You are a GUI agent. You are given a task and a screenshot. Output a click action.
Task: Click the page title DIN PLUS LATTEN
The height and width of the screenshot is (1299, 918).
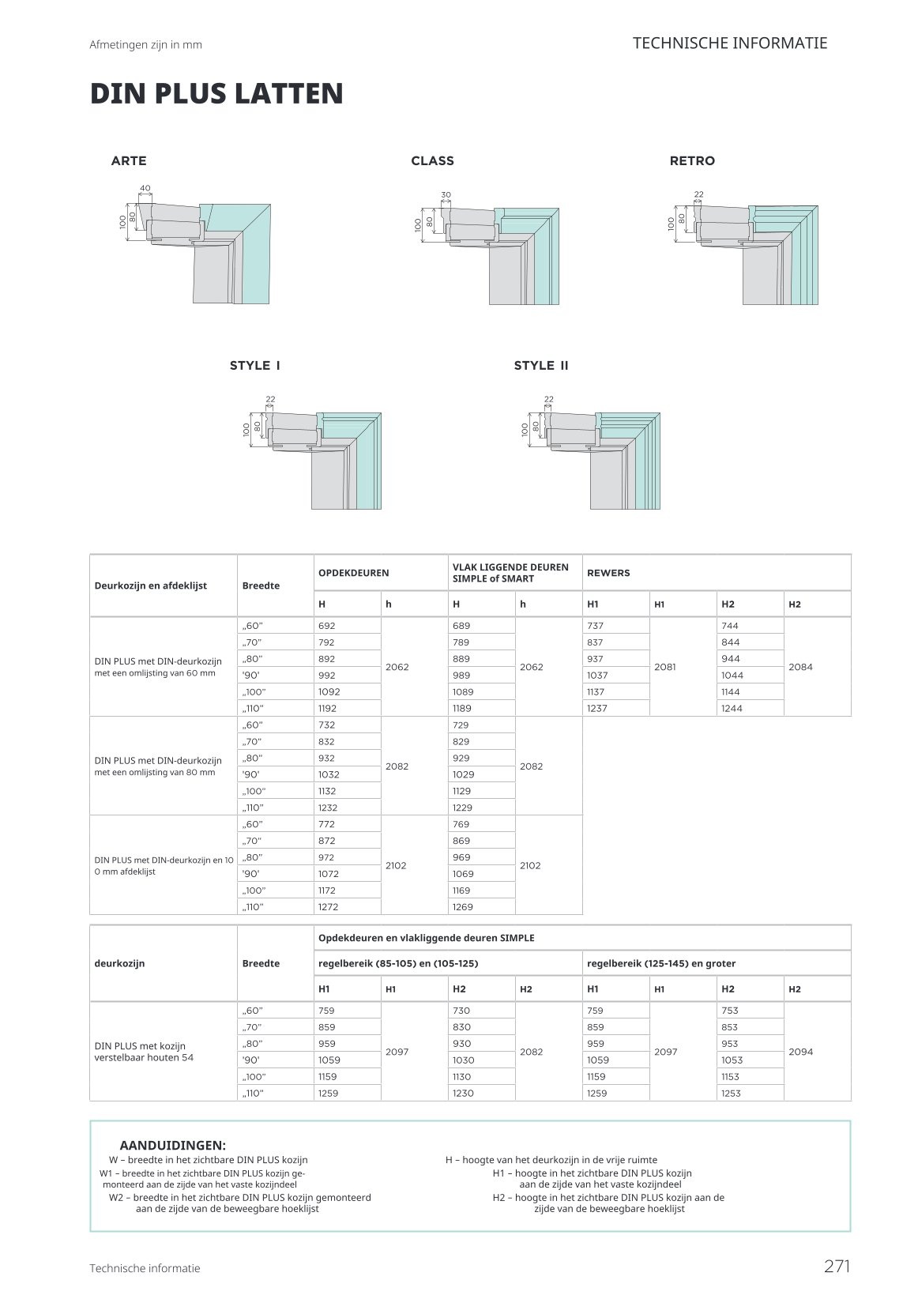pyautogui.click(x=216, y=93)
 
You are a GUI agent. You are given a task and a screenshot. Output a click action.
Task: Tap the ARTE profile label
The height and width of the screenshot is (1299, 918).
pyautogui.click(x=129, y=160)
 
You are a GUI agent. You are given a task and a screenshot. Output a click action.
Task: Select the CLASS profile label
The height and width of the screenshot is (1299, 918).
pyautogui.click(x=433, y=160)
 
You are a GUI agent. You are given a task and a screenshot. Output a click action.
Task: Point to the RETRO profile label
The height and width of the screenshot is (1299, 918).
pyautogui.click(x=692, y=160)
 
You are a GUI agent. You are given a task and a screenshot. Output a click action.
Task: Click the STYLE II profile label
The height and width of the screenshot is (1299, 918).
pyautogui.click(x=541, y=365)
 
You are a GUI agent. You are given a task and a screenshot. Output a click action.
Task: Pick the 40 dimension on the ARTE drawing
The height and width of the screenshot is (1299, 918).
pyautogui.click(x=145, y=188)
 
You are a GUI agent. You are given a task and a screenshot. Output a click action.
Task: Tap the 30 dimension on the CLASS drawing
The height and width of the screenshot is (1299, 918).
pyautogui.click(x=446, y=195)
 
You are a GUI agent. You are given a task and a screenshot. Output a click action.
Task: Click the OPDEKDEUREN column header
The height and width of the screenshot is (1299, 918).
pyautogui.click(x=354, y=572)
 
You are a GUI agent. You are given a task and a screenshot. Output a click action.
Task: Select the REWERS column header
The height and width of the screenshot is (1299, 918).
pyautogui.click(x=608, y=572)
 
